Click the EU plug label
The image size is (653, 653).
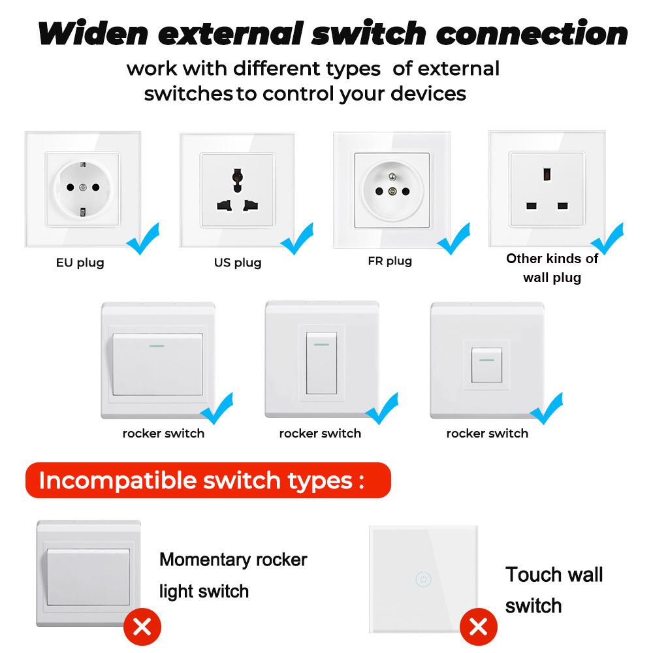(80, 263)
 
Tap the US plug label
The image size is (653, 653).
(237, 263)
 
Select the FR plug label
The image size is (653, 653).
(390, 261)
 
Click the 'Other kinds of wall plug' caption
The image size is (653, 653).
(552, 268)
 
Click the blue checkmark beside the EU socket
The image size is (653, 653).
(144, 238)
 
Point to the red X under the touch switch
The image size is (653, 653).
(478, 628)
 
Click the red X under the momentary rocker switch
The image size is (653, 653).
(142, 628)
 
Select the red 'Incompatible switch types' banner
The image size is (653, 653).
(207, 481)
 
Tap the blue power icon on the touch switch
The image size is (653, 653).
(423, 579)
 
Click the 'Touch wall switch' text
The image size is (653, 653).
(554, 590)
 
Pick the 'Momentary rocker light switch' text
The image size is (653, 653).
(233, 575)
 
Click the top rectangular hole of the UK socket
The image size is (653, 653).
(545, 174)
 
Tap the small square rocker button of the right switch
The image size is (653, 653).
(486, 364)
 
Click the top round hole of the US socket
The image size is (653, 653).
(238, 175)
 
